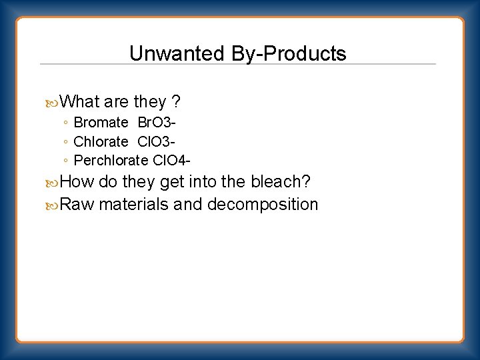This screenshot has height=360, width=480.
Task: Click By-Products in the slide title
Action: point(289,54)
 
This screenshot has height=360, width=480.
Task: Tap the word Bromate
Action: point(101,123)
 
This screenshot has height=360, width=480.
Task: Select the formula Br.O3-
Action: point(156,123)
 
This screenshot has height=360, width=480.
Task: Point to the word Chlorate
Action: point(101,141)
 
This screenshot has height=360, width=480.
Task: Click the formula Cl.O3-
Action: point(155,141)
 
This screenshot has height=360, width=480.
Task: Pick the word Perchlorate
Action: point(111,160)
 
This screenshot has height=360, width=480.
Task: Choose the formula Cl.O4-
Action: point(172,160)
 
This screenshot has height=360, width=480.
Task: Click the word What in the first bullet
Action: point(79,102)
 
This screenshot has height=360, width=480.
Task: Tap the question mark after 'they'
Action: point(175,102)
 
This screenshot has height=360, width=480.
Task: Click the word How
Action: point(77,182)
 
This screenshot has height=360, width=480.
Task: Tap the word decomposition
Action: point(263,205)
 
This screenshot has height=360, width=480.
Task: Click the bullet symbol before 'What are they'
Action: point(53,103)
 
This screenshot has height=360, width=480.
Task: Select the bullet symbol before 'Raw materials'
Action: point(53,205)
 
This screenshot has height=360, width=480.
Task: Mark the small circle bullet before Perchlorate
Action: point(65,161)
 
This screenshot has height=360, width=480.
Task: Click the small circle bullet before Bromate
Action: point(65,123)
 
